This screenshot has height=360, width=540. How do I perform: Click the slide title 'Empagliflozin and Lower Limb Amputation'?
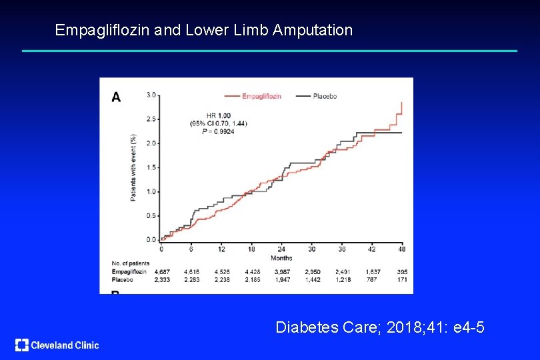click(203, 30)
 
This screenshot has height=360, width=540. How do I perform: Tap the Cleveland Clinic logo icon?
click(22, 345)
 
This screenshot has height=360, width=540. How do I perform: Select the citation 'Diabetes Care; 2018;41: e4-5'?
click(380, 327)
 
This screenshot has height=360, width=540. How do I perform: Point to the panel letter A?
click(116, 97)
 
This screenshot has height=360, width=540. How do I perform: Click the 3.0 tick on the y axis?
click(151, 95)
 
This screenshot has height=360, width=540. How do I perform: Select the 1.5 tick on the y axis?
click(151, 167)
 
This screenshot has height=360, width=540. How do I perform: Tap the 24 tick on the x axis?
click(281, 249)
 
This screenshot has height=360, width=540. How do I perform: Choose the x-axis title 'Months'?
click(281, 257)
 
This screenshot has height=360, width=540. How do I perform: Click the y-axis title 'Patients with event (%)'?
click(133, 167)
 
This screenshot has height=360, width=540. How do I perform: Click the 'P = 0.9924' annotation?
click(217, 131)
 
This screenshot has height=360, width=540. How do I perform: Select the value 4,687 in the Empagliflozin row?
click(161, 272)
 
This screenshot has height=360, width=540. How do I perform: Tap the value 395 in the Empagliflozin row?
click(402, 272)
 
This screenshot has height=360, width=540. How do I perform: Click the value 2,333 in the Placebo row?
click(161, 280)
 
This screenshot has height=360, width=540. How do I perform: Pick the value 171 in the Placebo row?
click(402, 280)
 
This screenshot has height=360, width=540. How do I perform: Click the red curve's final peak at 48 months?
click(402, 103)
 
